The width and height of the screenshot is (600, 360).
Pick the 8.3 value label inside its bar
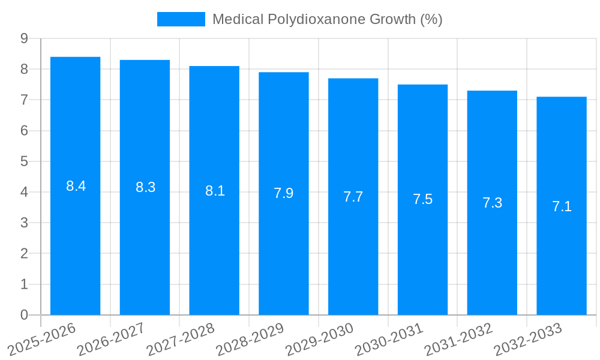(145, 187)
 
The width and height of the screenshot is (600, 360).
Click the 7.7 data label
(353, 197)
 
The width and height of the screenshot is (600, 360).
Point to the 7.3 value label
(492, 203)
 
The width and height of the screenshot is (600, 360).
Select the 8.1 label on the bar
(215, 191)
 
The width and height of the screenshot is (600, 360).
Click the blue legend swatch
(181, 19)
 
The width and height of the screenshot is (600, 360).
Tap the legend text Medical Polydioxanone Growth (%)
(327, 19)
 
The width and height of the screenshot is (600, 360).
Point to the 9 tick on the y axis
(24, 38)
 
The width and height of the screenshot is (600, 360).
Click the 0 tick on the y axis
(24, 315)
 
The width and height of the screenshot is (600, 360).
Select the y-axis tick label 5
(24, 161)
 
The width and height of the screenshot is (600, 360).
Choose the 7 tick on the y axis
(24, 100)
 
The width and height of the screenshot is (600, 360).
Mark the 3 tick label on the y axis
(24, 223)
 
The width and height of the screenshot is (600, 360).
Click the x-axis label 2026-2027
(111, 339)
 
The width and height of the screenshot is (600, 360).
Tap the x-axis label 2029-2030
(319, 339)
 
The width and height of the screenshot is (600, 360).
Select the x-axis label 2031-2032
(458, 339)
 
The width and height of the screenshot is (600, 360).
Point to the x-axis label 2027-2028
(181, 339)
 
